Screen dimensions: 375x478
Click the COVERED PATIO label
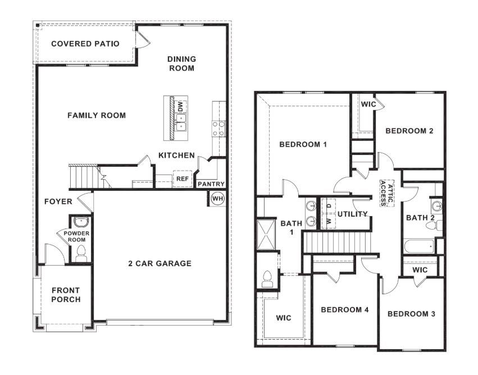point(85,44)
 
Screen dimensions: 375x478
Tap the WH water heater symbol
point(217,198)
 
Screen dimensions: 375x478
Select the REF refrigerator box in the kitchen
point(182,179)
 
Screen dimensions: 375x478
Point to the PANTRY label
point(211,184)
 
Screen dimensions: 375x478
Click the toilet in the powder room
point(80,253)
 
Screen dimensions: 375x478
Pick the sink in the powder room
point(80,221)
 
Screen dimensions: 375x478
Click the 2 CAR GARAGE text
point(160,263)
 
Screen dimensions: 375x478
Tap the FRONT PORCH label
point(66,295)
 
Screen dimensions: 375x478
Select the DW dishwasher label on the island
point(180,106)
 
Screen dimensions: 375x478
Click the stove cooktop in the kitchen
point(218,129)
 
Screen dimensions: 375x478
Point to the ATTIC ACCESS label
point(383,193)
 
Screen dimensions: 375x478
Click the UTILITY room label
point(352,214)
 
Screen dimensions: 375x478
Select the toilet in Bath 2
point(432,226)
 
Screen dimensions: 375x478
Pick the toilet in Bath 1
point(267,278)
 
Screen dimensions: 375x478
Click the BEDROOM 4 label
point(344,310)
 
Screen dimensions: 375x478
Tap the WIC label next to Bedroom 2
point(368,104)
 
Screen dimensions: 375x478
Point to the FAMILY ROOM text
point(97,116)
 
